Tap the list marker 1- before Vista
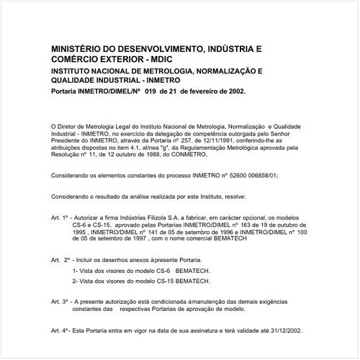(76, 269)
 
